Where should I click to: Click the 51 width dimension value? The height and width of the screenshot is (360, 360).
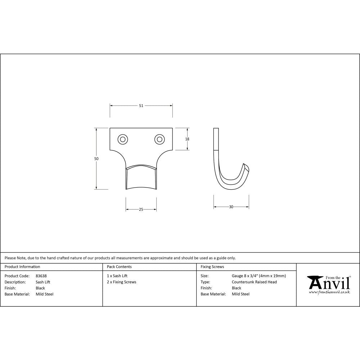tap(141, 105)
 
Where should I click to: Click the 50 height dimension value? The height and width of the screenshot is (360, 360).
tap(96, 158)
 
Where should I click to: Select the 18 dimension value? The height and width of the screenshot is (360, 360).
tap(187, 139)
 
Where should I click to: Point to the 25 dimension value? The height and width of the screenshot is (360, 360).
tap(141, 209)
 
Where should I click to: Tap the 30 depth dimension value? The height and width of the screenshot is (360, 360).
tap(231, 207)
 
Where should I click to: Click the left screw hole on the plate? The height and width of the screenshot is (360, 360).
tap(123, 139)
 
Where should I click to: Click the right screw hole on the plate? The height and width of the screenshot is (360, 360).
tap(159, 139)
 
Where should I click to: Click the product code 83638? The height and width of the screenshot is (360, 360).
tap(41, 276)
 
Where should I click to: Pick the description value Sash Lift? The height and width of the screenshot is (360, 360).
tap(43, 282)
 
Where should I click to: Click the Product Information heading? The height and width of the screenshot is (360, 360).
tap(22, 267)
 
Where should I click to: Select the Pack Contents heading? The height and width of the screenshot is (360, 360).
tap(119, 267)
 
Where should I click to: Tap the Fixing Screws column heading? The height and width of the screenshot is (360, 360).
tap(212, 267)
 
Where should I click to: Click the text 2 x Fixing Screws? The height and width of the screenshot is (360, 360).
tap(122, 282)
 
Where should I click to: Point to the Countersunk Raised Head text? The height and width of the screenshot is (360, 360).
tap(254, 282)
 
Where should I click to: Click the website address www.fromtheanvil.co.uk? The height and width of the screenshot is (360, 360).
tap(329, 292)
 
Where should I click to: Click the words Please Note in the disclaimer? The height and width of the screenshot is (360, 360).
tap(15, 258)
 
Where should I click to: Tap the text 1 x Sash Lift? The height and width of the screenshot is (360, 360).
tap(117, 276)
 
